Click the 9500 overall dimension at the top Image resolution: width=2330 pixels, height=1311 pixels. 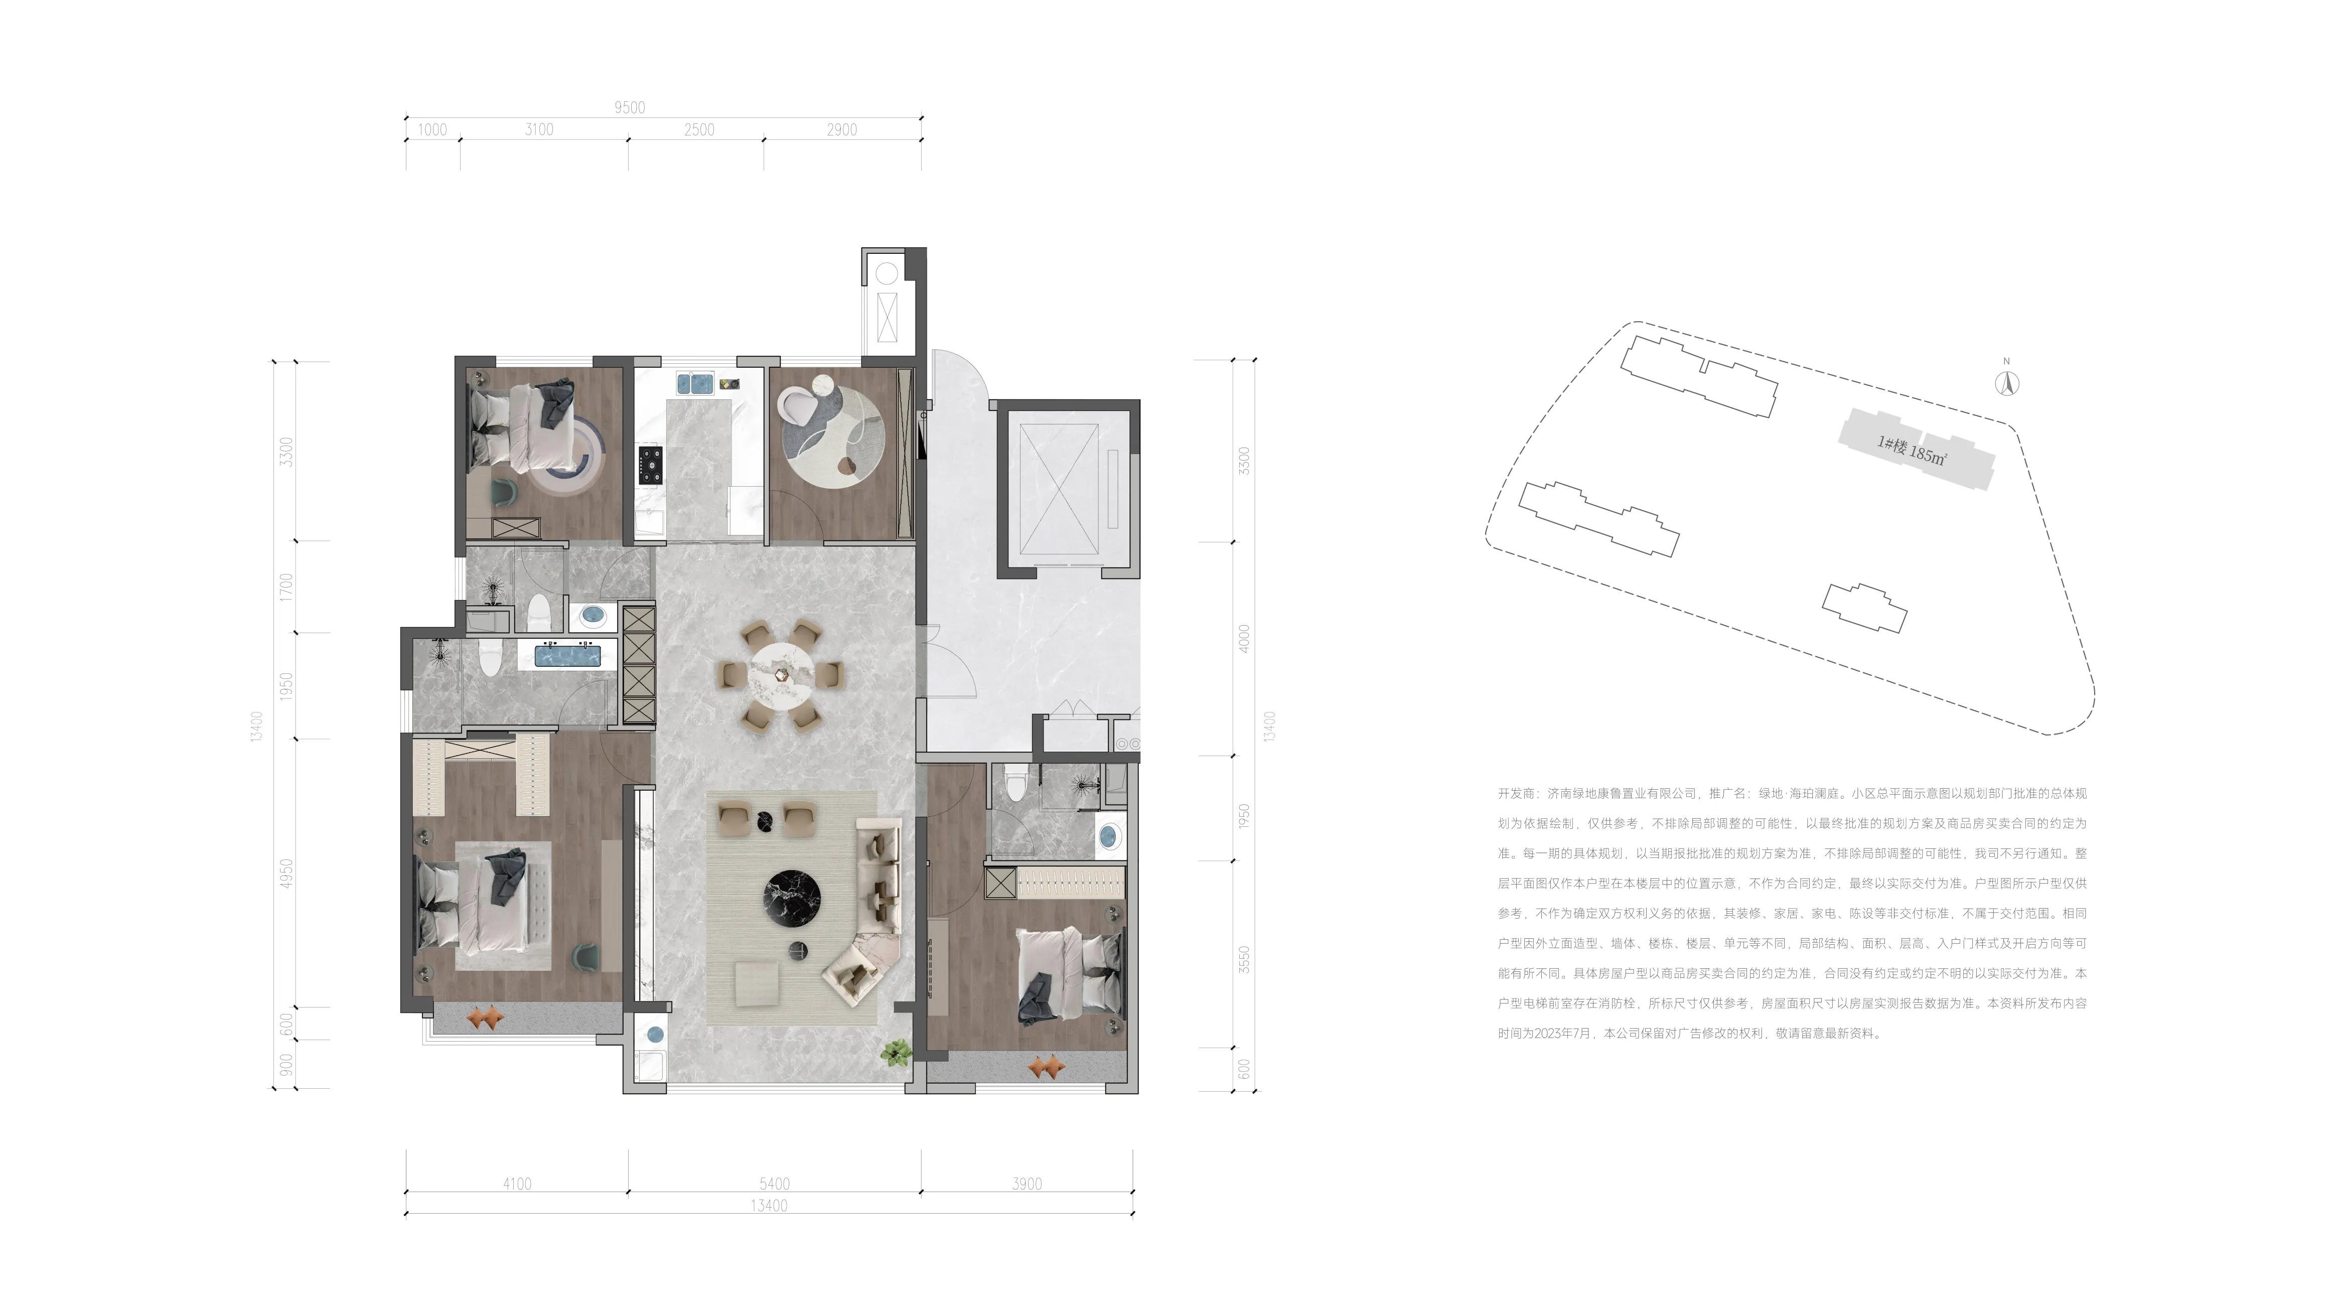tap(630, 108)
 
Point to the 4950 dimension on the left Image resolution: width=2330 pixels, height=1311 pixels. tap(286, 873)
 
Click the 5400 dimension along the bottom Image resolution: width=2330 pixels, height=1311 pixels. tap(774, 1184)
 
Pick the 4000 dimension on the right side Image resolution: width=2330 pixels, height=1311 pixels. tap(1245, 639)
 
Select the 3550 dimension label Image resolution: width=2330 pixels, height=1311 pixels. tap(1245, 959)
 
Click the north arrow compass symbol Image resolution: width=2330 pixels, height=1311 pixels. tap(2007, 383)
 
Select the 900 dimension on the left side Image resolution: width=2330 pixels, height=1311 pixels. tap(286, 1065)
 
